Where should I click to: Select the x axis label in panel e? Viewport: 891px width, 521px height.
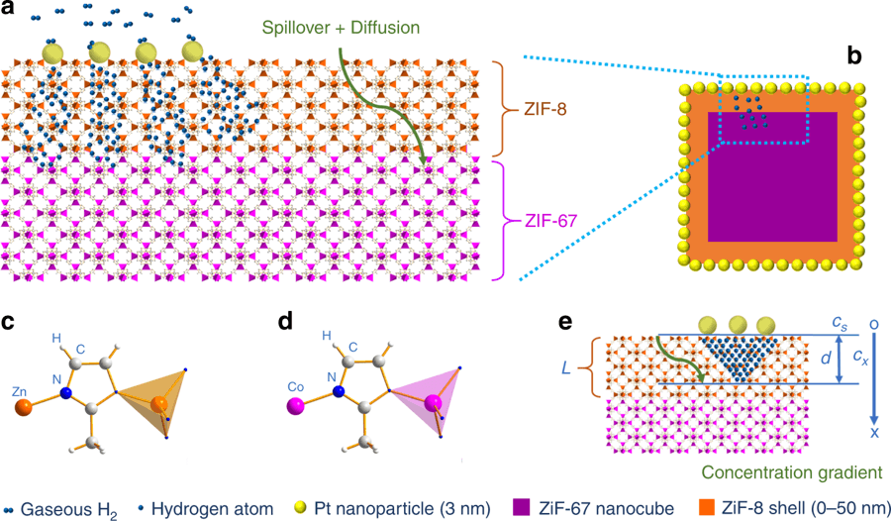874,433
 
